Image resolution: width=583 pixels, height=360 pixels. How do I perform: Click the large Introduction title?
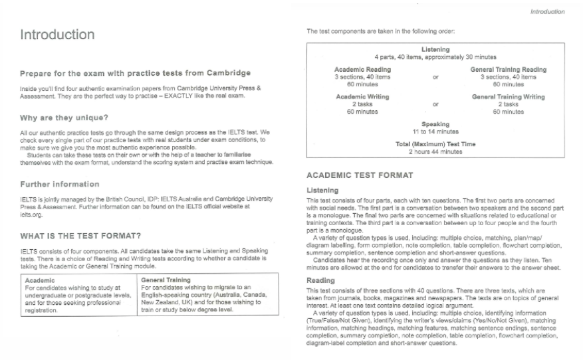coord(57,35)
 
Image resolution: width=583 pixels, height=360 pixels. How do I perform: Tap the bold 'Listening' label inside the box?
coord(435,50)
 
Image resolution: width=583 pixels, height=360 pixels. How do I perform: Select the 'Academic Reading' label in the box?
coord(362,70)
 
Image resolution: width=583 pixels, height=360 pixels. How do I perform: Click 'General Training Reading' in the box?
coord(509,70)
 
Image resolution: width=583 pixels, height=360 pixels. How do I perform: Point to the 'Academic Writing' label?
coord(362,97)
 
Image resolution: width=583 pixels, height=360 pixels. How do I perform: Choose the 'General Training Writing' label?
coord(509,97)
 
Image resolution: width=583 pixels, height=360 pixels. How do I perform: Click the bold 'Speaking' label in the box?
coord(435,124)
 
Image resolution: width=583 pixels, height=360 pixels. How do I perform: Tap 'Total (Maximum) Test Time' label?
coord(435,144)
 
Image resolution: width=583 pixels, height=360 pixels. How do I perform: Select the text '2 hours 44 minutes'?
coord(435,151)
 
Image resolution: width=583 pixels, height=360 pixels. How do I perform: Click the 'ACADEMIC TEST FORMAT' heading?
coord(360,175)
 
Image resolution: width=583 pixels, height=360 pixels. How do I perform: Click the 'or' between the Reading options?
coord(435,77)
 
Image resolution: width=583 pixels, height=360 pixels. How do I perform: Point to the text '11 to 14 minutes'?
coord(435,132)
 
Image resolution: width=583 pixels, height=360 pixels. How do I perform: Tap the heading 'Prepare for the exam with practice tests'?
coord(135,72)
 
